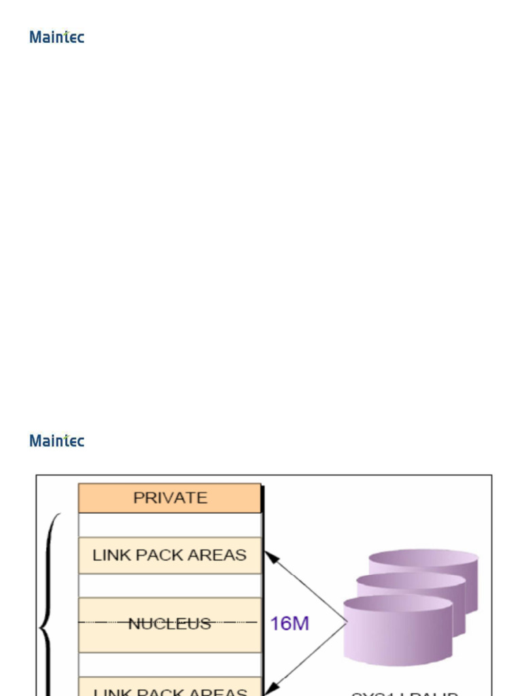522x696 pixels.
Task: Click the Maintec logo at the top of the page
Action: click(56, 37)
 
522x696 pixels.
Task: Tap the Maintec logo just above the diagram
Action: click(56, 440)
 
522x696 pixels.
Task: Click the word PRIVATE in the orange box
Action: click(170, 498)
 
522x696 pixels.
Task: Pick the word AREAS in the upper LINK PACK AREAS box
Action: click(219, 555)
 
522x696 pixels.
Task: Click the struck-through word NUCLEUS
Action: click(169, 623)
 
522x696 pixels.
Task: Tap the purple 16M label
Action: click(290, 623)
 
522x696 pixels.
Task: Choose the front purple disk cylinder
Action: click(398, 629)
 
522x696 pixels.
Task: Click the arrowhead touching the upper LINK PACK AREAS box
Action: click(271, 557)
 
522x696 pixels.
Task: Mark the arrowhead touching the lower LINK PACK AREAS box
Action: click(271, 687)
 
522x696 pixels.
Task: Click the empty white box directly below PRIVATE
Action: click(170, 525)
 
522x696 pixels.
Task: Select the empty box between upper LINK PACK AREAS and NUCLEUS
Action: click(170, 585)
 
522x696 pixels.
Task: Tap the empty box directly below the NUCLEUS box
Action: click(170, 664)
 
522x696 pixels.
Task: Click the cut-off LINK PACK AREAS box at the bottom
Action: click(170, 688)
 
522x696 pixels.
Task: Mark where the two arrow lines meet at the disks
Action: click(347, 623)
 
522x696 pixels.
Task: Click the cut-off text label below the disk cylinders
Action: click(404, 693)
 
